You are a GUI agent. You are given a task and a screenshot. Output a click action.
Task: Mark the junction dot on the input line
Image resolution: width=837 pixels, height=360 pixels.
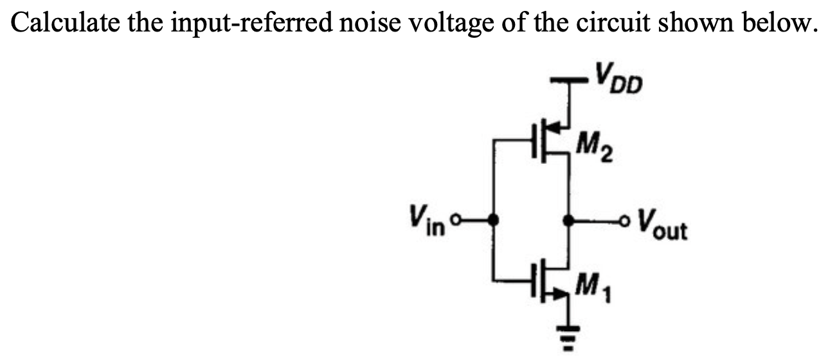coord(494,221)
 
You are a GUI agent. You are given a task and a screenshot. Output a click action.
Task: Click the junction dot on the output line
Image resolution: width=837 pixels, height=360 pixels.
coord(568,221)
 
